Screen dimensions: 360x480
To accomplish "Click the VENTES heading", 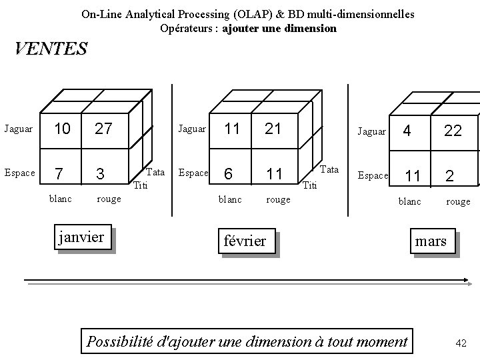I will coord(51,49).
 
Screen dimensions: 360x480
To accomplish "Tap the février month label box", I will coord(245,241).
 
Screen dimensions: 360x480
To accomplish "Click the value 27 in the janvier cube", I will coord(103,129).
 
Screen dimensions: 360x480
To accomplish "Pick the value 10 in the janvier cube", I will coord(61,129).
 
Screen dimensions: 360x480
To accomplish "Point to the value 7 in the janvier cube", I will coord(60,174).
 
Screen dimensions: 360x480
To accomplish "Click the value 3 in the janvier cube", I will coord(100,174).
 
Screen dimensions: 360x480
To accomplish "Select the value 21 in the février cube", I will coord(273,129).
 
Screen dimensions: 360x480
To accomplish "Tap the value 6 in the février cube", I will coord(229,174).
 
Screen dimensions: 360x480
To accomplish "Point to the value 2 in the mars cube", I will coord(450,176).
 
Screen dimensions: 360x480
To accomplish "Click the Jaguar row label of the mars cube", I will coord(372,132).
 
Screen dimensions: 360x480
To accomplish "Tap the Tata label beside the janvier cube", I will coord(155,172).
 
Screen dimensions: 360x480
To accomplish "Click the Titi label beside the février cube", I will coord(310,185).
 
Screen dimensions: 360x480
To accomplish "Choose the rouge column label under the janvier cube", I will coord(109,199).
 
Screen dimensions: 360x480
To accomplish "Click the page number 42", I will coord(460,343).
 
